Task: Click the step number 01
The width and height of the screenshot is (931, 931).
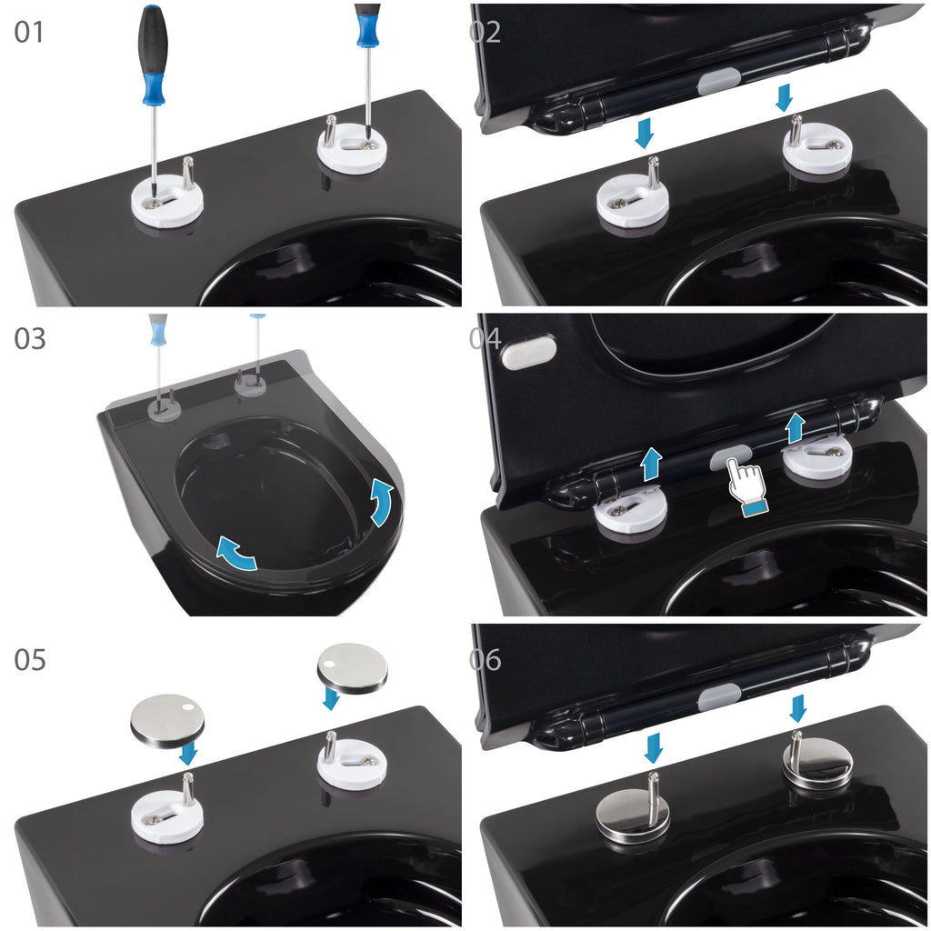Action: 29,32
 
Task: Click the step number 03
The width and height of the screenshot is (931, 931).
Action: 30,339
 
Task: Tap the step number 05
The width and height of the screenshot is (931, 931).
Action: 30,660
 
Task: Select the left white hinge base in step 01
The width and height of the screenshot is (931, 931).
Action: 167,201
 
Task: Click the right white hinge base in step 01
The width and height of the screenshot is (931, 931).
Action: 353,147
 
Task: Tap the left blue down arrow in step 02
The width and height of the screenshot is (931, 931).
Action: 645,133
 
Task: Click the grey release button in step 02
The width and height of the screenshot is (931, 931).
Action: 718,81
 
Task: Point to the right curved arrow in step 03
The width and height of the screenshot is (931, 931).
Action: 381,503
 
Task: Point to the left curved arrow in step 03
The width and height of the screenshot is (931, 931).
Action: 235,554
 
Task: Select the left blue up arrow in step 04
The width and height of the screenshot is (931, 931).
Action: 651,465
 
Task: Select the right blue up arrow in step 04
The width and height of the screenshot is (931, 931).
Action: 795,428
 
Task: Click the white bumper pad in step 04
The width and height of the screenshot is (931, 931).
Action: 529,352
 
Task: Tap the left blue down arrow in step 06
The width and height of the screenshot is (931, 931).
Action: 654,748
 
